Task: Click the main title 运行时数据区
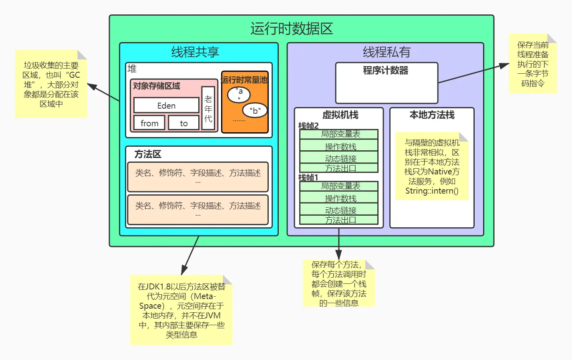click(292, 28)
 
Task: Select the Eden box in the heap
click(166, 105)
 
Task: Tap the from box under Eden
click(149, 123)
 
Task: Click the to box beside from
click(183, 123)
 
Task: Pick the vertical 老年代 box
click(208, 108)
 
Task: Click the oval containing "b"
click(255, 110)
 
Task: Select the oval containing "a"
click(239, 95)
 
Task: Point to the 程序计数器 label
click(385, 71)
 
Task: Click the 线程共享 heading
click(195, 52)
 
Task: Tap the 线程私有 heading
click(387, 52)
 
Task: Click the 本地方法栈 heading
click(432, 115)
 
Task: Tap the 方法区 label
click(148, 154)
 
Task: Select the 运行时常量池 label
click(244, 80)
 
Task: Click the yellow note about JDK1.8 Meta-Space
click(181, 310)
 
